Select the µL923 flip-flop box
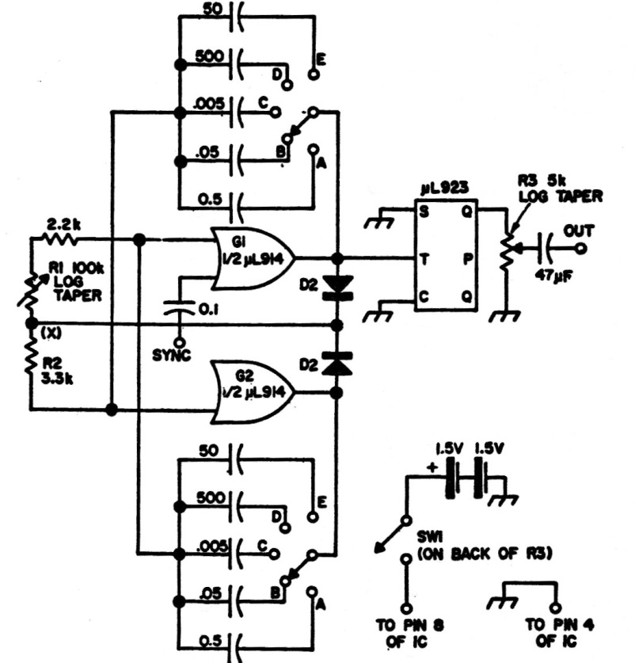point(446,255)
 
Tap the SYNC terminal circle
point(180,341)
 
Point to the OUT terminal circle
point(581,249)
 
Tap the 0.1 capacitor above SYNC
point(180,308)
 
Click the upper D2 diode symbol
point(337,287)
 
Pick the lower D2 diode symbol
point(337,364)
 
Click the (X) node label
point(51,334)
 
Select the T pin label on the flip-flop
point(424,258)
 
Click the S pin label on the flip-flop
point(424,211)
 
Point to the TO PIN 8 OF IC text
point(409,633)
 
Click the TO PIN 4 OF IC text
point(559,633)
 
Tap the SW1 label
point(429,536)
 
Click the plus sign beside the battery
point(432,467)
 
